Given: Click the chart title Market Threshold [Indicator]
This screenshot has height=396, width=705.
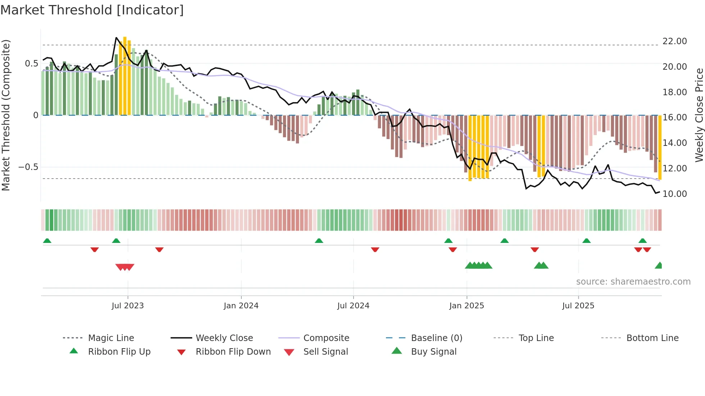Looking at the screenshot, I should coord(92,10).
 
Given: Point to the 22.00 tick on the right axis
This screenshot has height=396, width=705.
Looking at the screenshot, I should coord(674,41).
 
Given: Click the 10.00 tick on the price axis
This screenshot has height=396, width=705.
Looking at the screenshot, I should coord(674,194).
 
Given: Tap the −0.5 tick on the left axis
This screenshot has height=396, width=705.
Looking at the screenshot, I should coord(28,167).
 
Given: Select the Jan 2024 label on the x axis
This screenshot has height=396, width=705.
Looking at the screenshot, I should coord(241,306).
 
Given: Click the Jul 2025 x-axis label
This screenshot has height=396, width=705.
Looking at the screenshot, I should coord(578,306).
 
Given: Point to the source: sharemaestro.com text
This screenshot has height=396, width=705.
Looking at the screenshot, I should coord(633,282).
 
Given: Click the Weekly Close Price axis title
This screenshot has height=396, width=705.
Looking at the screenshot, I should coord(699,115).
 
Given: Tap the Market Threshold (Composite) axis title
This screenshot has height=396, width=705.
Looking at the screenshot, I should coord(6,115).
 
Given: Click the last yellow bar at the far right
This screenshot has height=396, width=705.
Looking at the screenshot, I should coord(660,147).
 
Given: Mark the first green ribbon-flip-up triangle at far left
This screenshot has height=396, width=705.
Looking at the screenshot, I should coord(47,241).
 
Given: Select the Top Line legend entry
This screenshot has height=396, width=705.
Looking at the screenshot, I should coord(536,338).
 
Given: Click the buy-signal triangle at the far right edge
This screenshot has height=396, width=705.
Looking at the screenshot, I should coord(659,266).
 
